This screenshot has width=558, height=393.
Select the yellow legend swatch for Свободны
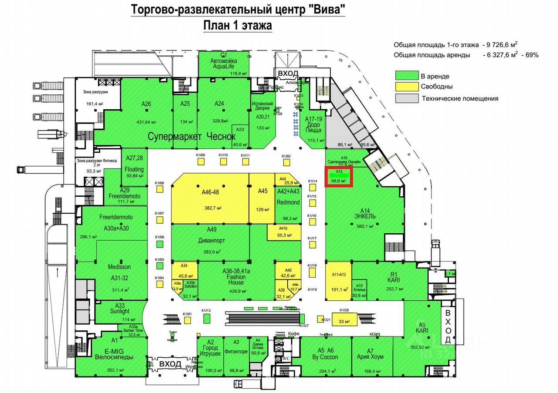click(405, 87)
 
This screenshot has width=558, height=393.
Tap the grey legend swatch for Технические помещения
click(405, 98)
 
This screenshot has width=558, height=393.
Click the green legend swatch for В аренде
click(405, 75)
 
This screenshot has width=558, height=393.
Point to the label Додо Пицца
click(314, 128)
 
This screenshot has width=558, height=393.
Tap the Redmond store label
click(288, 203)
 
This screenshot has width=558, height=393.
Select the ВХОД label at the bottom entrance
click(170, 364)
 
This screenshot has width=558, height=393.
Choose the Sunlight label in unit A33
click(120, 311)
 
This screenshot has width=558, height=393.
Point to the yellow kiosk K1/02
click(286, 162)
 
